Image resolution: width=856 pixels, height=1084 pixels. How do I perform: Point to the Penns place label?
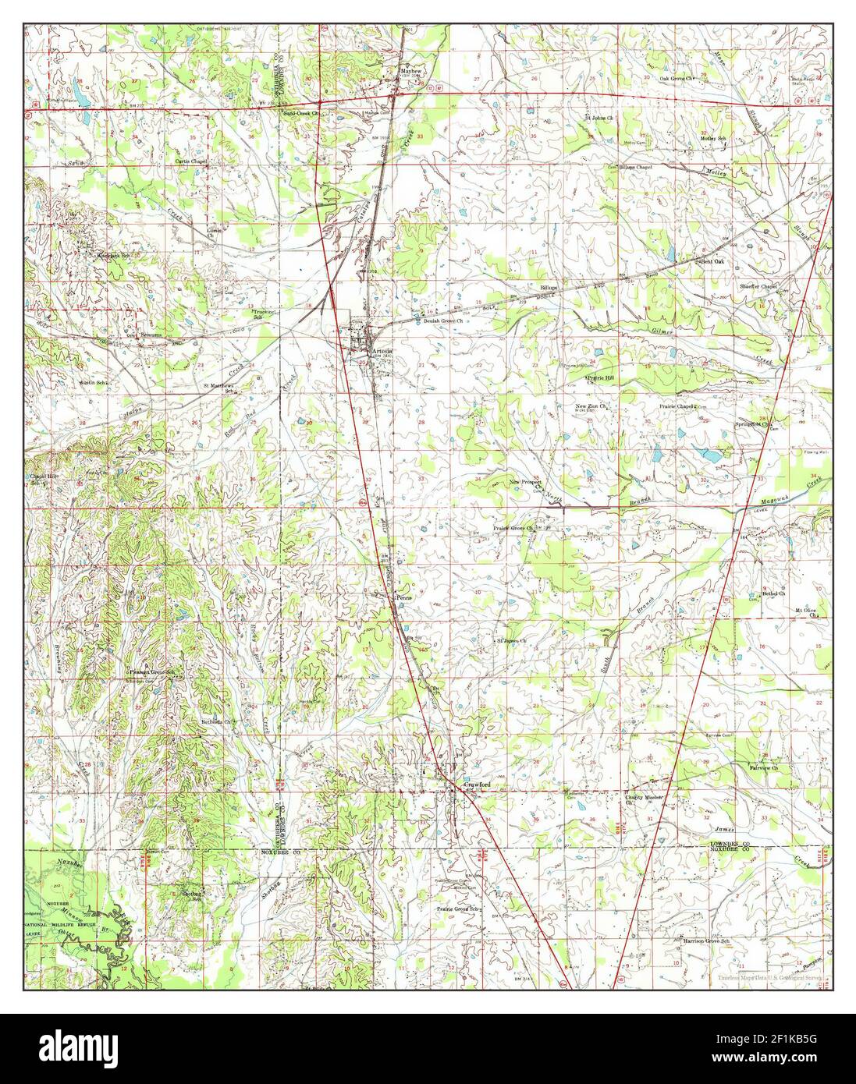tap(403, 597)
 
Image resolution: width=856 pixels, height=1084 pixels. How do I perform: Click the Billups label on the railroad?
tap(550, 289)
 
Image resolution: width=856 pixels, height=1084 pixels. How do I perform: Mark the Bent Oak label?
tap(709, 261)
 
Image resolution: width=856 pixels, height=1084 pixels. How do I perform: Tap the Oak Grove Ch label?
tap(677, 79)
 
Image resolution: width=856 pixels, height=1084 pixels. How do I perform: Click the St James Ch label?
tap(513, 641)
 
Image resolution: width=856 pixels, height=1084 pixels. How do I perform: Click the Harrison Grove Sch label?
tap(705, 941)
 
